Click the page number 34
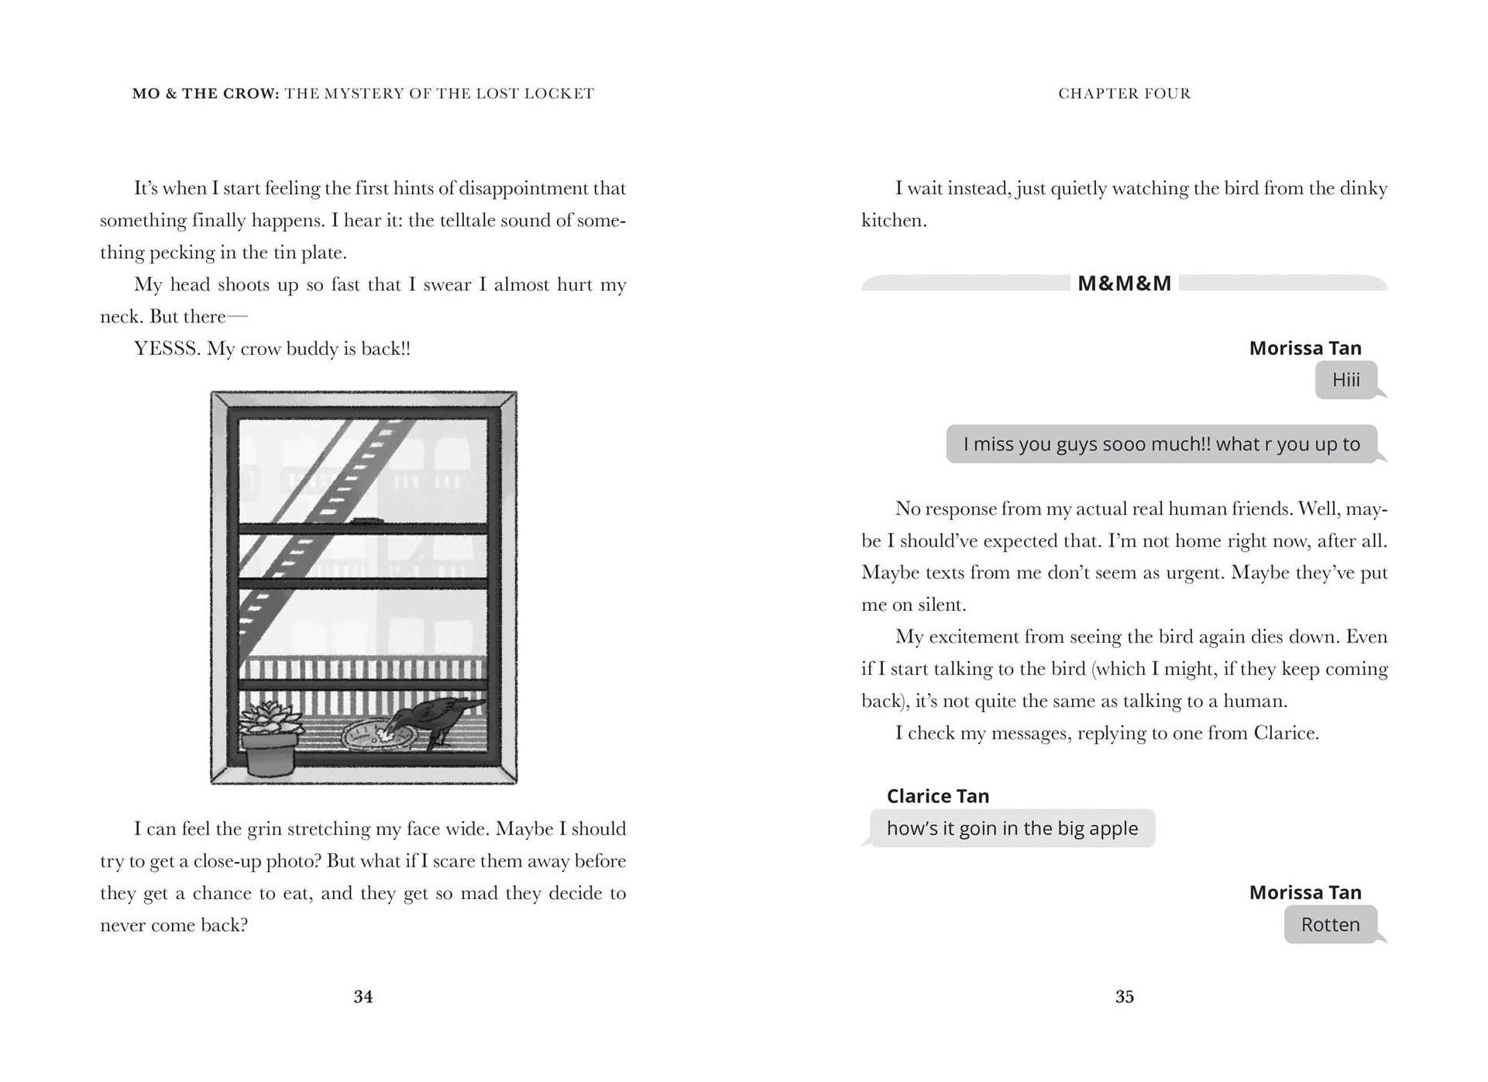click(x=363, y=997)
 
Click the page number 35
click(x=1124, y=997)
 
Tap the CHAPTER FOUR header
click(x=1124, y=94)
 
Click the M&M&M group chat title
click(x=1124, y=284)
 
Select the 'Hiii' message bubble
click(x=1345, y=380)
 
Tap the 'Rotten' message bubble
click(x=1330, y=925)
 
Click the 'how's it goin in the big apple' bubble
click(x=1012, y=829)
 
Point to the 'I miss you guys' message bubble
click(x=1161, y=444)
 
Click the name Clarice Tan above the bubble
click(x=937, y=796)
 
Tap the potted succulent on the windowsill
click(x=269, y=736)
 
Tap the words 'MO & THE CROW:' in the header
click(x=205, y=94)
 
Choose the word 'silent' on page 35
click(x=940, y=605)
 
